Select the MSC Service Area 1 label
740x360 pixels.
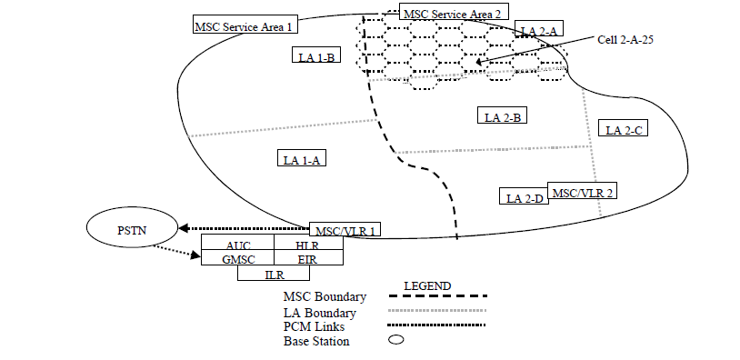coord(244,26)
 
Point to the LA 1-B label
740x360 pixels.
coord(318,56)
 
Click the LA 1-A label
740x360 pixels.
coord(303,159)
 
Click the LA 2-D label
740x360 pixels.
coord(524,197)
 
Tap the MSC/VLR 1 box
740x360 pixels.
coord(345,230)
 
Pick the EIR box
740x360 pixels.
coord(307,259)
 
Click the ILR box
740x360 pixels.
coord(274,274)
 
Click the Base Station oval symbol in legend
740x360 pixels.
coord(396,341)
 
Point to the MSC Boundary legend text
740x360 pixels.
coord(325,297)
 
